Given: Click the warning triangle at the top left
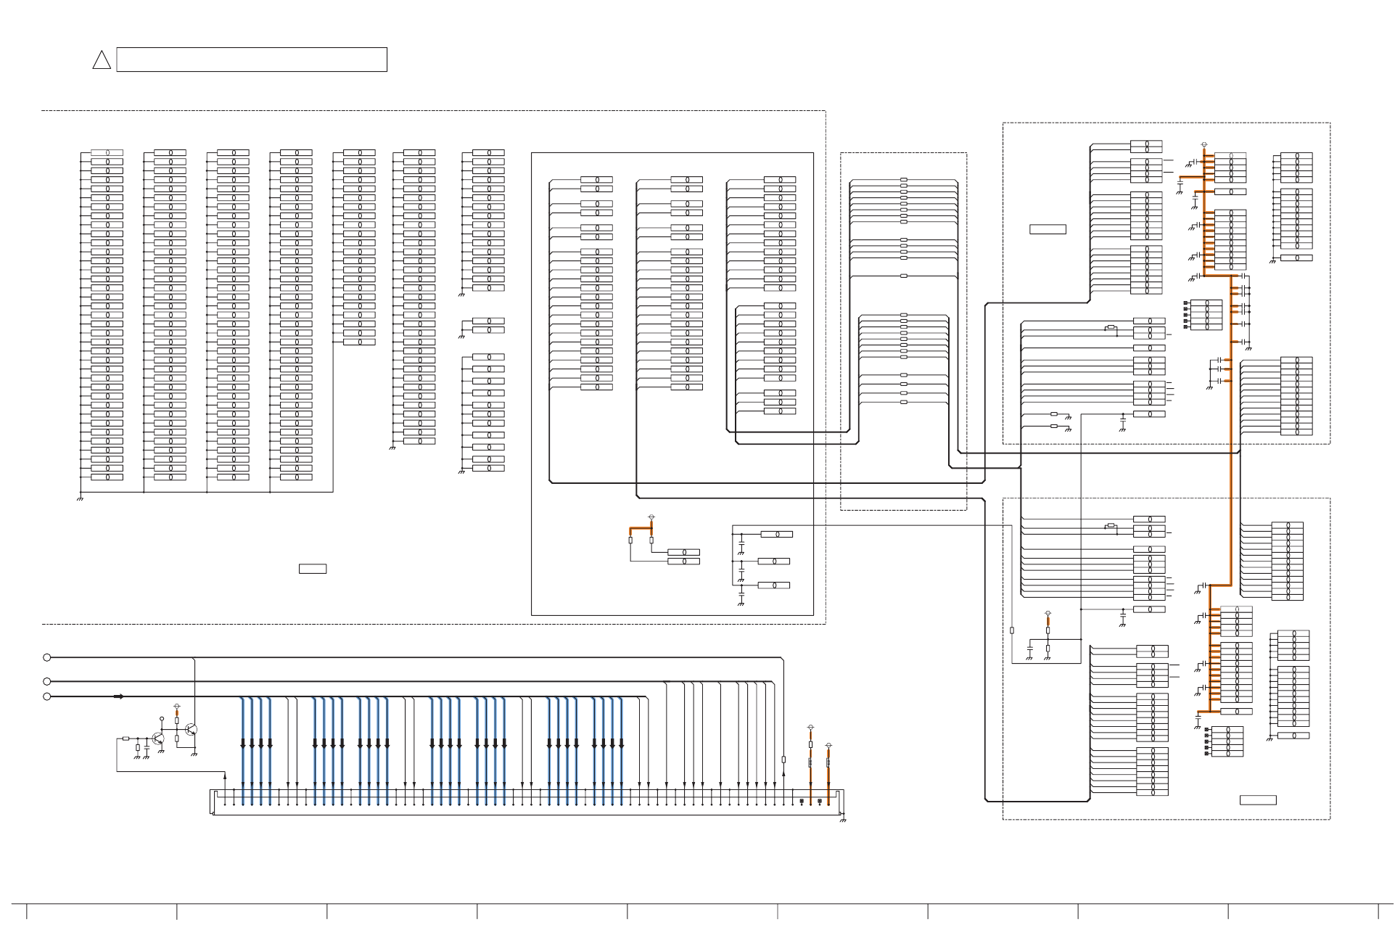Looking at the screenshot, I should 102,60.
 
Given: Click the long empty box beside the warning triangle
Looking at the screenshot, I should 252,59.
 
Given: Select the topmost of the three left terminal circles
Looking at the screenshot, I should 47,657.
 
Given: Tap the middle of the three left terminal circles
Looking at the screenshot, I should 47,681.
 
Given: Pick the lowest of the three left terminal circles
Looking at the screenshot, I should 47,696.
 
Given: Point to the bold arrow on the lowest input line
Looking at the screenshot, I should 119,696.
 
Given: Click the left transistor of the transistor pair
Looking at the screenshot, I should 159,739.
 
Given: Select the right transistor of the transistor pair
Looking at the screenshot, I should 191,730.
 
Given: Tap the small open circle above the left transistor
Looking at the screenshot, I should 162,718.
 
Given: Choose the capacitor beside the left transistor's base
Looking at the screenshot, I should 147,746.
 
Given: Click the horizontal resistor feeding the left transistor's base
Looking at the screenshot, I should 126,739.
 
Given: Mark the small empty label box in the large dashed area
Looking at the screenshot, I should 313,569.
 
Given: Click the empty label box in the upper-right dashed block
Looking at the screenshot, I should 1048,229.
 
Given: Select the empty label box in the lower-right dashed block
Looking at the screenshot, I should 1258,800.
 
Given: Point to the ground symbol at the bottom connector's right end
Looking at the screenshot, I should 843,820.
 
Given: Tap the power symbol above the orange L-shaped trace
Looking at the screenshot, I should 651,517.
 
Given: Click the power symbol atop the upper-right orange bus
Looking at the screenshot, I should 1204,144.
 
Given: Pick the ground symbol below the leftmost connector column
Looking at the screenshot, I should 80,499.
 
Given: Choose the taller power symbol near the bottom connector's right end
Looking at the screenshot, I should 810,728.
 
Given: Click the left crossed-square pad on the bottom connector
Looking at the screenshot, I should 802,802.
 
